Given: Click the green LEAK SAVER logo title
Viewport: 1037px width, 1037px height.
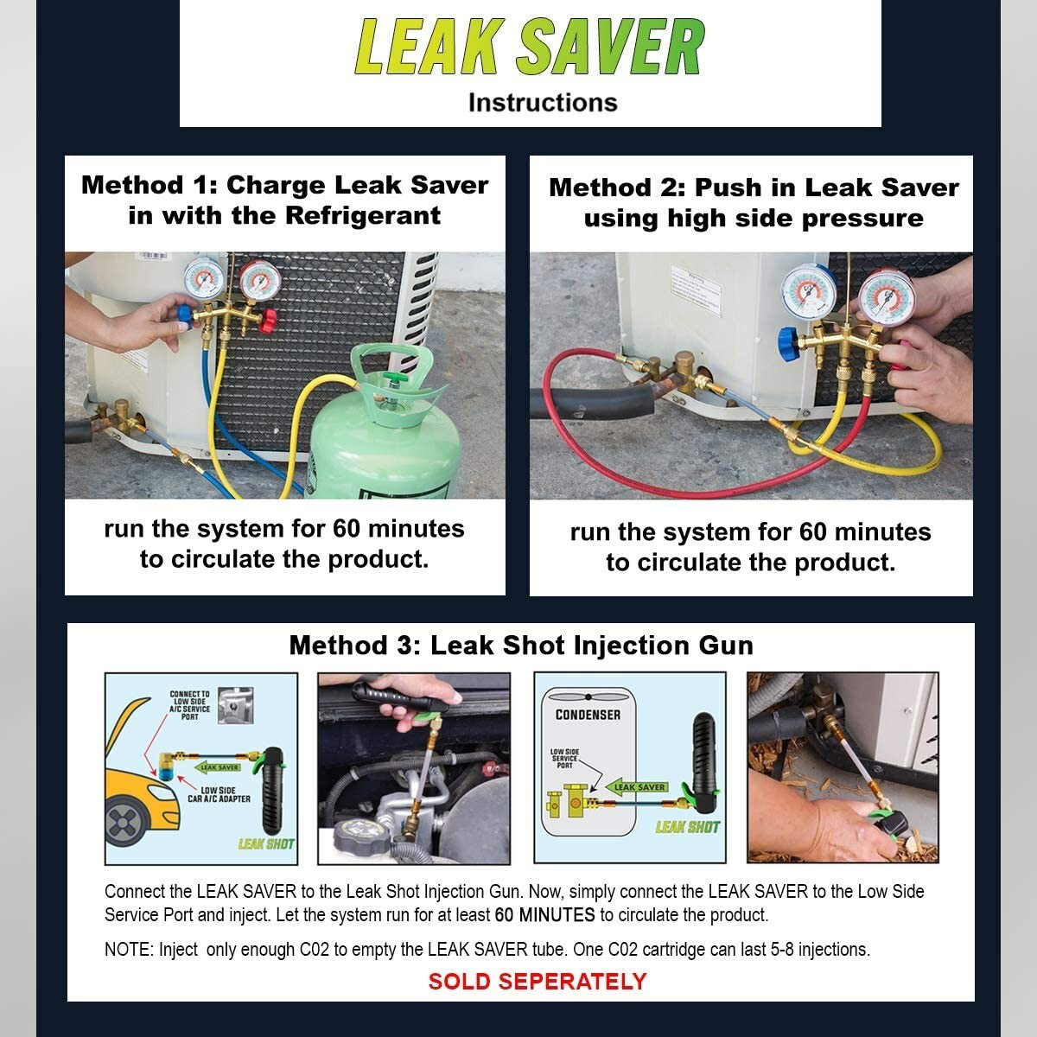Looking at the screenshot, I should coord(530,47).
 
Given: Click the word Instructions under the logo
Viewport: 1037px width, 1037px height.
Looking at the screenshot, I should coord(543,103).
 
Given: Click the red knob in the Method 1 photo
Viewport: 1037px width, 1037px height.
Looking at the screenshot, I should coord(269,321).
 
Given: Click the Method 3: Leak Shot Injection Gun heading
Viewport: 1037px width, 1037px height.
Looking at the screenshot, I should coord(521,646).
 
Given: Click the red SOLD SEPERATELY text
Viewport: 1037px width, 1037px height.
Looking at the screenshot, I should coord(537,982).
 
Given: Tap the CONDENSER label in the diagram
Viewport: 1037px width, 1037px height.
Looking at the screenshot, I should coord(588,715).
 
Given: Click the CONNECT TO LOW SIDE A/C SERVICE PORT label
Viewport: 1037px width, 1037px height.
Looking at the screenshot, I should coord(189,705).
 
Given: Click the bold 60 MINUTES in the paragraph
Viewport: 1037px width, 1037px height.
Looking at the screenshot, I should coord(544,915).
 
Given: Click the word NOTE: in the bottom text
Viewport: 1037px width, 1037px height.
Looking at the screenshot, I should coord(129,950).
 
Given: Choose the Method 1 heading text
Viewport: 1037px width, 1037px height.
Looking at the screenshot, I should coord(284,200).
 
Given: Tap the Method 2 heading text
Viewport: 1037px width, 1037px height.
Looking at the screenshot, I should coord(754,203).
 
